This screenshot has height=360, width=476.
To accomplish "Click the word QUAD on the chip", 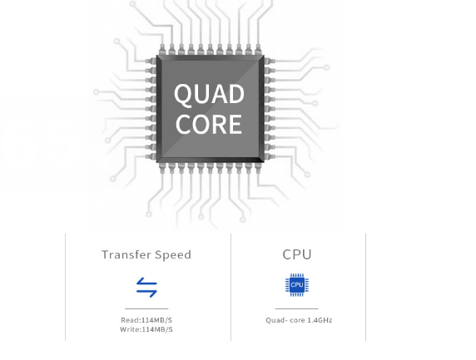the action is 209,94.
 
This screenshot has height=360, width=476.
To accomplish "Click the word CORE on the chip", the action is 209,125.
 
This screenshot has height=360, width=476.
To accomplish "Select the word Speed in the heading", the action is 173,255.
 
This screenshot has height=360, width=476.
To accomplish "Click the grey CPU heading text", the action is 297,254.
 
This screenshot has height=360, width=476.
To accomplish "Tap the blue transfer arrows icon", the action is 146,287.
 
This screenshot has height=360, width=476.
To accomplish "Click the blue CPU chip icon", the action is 297,285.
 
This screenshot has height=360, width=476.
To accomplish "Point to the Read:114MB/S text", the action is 146,320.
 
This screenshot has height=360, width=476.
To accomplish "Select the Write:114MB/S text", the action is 146,329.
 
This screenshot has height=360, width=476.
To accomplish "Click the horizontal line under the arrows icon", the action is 146,308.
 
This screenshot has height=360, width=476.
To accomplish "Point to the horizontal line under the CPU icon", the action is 296,308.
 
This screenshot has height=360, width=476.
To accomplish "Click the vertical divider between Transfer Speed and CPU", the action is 231,287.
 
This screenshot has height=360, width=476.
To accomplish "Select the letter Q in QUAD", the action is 183,96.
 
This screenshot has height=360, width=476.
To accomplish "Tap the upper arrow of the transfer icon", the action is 146,282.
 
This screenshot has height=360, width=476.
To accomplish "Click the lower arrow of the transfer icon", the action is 146,293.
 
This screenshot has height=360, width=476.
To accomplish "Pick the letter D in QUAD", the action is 236,94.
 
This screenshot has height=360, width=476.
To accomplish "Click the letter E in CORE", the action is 236,125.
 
